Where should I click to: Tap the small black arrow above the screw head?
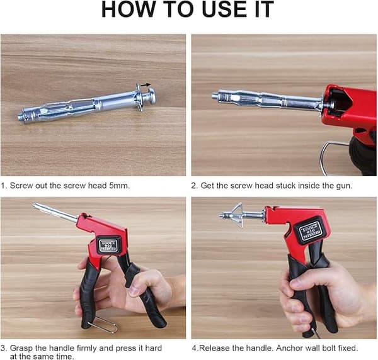(146, 84)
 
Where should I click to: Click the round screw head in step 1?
(152, 96)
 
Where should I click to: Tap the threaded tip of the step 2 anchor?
(215, 96)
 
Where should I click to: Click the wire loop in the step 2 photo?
(334, 159)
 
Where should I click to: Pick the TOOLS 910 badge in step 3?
(109, 245)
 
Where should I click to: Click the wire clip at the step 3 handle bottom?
(104, 325)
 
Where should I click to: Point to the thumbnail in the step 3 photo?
(133, 291)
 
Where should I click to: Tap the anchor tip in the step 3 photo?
(34, 205)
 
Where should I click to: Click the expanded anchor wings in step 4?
(238, 215)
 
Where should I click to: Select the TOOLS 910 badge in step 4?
(311, 230)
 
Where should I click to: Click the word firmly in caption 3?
(86, 348)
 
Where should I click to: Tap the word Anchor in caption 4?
(289, 348)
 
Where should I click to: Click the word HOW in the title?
(129, 9)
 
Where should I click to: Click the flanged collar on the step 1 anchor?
(139, 97)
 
